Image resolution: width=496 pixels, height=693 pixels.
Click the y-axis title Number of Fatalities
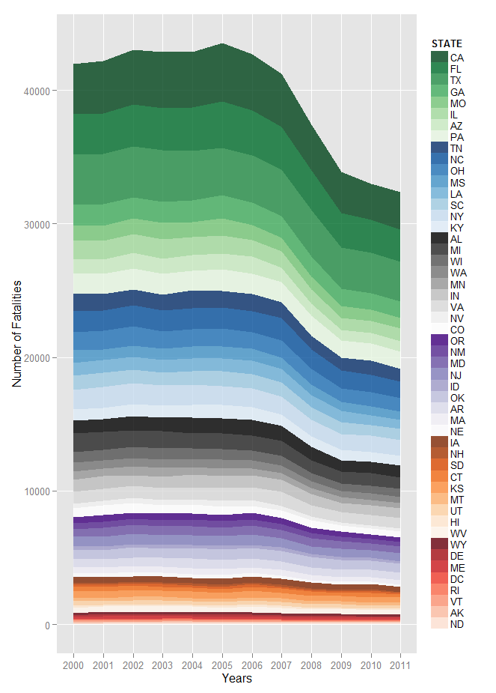pyautogui.click(x=16, y=333)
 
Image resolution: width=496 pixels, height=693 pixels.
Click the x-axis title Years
pyautogui.click(x=236, y=679)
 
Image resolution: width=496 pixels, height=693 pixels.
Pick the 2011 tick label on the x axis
pyautogui.click(x=400, y=665)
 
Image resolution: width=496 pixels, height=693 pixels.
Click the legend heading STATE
pyautogui.click(x=447, y=43)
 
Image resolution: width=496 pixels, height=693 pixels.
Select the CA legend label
pyautogui.click(x=456, y=58)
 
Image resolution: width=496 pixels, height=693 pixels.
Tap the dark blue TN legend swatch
pyautogui.click(x=439, y=148)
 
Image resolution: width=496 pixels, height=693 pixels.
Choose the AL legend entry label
pyautogui.click(x=456, y=239)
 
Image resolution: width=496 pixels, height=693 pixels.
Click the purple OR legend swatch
pyautogui.click(x=439, y=341)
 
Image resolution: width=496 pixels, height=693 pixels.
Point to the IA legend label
pyautogui.click(x=456, y=443)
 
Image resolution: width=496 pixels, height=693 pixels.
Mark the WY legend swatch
pyautogui.click(x=439, y=545)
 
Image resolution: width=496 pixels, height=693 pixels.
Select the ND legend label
pyautogui.click(x=456, y=624)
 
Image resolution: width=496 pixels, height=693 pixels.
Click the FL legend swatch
pyautogui.click(x=439, y=69)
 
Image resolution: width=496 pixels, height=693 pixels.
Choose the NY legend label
pyautogui.click(x=456, y=217)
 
